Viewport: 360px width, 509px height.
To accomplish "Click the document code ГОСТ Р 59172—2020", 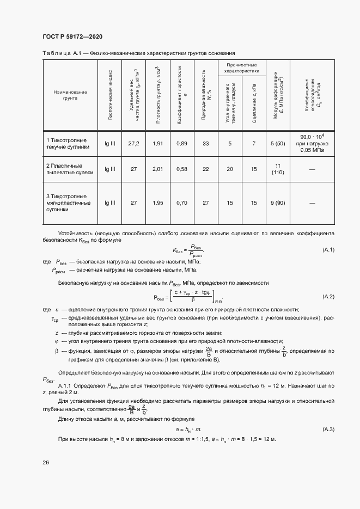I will click(x=72, y=36).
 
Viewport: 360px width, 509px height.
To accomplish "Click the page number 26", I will click(x=46, y=462).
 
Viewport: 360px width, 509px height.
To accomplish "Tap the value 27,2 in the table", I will click(x=133, y=143).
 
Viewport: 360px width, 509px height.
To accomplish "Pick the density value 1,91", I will click(x=157, y=143).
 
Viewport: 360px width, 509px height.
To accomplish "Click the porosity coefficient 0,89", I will click(x=182, y=143).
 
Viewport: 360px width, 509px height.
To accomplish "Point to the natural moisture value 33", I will click(x=206, y=143).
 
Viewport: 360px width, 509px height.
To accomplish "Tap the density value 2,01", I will click(x=157, y=169).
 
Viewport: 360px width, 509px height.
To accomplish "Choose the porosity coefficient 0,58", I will click(x=182, y=169).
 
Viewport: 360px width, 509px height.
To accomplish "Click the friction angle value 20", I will click(x=230, y=169).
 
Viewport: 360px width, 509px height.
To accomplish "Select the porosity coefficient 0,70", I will click(x=182, y=203).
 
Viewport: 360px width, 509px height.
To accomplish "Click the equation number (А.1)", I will click(x=328, y=250).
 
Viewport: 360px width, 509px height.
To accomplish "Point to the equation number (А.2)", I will click(x=328, y=297).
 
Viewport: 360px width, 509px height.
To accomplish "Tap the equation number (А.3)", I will click(x=328, y=430).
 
